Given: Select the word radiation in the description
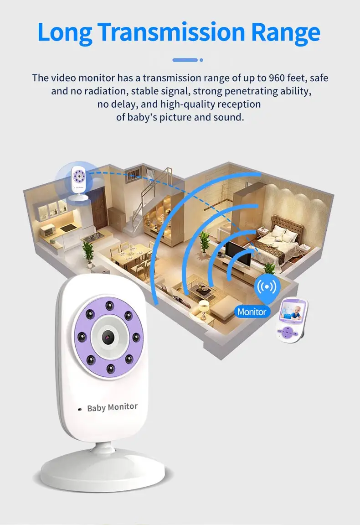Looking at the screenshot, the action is point(106,91).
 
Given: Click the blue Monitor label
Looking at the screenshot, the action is point(252,312).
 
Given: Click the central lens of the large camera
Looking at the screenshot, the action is point(108,338).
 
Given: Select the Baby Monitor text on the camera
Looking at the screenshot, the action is point(112,407).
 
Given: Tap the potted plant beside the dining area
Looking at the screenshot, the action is point(88,254).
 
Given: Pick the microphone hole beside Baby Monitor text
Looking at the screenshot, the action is point(80,409).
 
